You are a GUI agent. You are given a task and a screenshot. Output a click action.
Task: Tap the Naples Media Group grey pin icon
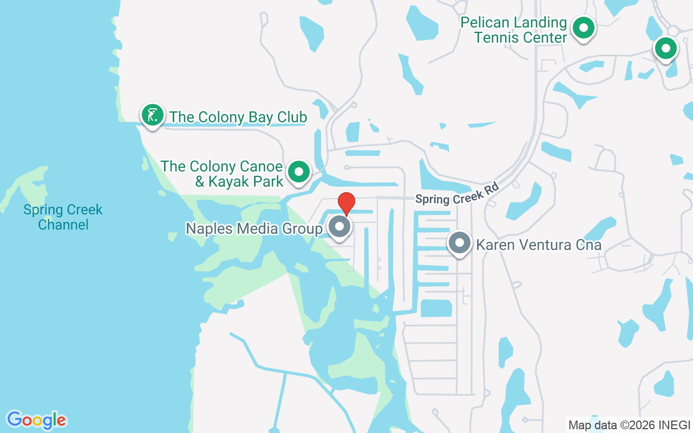click(x=340, y=227)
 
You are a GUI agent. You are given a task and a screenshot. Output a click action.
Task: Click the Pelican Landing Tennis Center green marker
click(x=584, y=28)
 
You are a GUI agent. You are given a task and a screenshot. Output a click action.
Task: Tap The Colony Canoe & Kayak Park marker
click(x=298, y=172)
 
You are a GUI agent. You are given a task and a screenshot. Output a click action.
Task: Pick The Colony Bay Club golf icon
click(x=153, y=115)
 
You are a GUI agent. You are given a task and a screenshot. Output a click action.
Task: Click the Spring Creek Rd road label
click(x=456, y=193)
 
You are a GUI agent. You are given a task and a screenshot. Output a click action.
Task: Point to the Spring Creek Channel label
click(x=63, y=216)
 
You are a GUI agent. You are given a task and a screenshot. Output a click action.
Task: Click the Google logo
click(x=36, y=419)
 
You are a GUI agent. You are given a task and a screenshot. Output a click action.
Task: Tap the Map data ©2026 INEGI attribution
click(x=629, y=425)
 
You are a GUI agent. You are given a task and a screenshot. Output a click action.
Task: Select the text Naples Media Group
click(x=254, y=228)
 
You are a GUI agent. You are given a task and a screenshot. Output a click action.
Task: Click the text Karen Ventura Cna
click(x=538, y=245)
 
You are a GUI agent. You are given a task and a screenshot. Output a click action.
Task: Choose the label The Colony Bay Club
click(x=238, y=117)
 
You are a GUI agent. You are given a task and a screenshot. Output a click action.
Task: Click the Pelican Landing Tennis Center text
click(x=513, y=30)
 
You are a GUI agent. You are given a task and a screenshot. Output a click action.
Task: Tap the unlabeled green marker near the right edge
click(x=666, y=49)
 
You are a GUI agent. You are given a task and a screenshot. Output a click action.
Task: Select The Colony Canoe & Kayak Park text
click(x=222, y=174)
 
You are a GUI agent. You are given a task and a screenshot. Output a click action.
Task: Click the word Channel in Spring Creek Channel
click(x=63, y=224)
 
